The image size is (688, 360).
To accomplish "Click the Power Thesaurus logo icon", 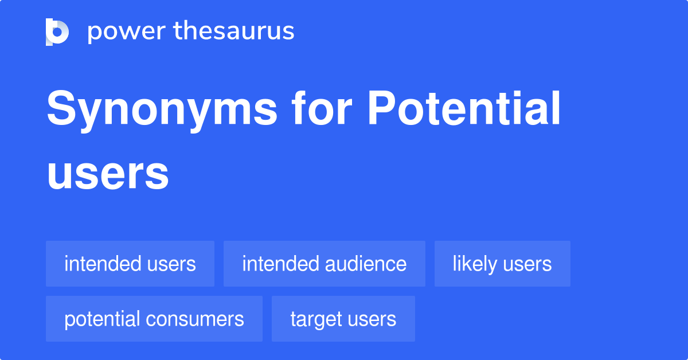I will tap(57, 32).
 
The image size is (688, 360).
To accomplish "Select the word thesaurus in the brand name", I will tap(234, 32).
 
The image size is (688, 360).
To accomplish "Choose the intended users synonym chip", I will tap(130, 264).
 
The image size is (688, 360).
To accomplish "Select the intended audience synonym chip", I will tap(325, 264).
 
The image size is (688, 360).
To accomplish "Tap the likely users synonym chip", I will tap(502, 264).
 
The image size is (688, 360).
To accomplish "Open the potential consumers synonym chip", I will tap(154, 319).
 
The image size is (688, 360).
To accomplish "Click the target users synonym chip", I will tap(343, 319).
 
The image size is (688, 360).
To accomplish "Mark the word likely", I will tap(475, 264).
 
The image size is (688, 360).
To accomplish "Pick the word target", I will tap(316, 319).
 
